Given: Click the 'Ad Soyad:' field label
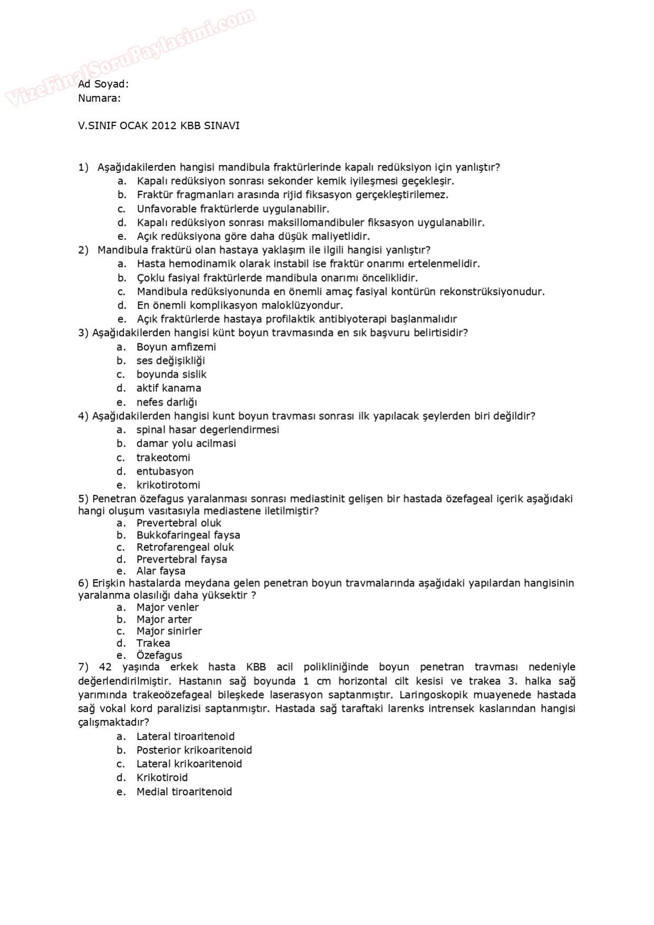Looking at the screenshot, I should (103, 84).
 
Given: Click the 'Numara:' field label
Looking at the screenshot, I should (99, 98).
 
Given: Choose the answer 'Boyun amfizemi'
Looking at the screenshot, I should (176, 347).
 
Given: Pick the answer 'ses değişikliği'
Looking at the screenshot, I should (170, 361).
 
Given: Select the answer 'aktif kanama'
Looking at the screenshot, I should (169, 388).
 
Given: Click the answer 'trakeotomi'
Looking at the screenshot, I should (163, 458).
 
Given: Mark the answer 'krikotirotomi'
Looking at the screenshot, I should (168, 485).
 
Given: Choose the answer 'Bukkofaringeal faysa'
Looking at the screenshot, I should (188, 535).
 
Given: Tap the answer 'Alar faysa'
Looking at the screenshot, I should (161, 571).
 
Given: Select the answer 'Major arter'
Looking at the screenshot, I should (164, 620).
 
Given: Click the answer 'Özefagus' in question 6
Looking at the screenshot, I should (159, 656).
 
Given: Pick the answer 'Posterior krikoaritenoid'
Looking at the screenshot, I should (194, 750).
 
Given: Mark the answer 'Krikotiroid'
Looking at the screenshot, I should (162, 778).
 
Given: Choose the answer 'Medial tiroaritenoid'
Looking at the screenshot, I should (184, 792).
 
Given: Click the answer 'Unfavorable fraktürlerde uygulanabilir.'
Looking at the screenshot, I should (233, 209).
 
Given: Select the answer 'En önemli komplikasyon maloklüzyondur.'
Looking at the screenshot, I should (240, 305).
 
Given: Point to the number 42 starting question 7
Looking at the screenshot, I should (105, 668).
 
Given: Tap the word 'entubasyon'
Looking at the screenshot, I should (165, 471).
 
